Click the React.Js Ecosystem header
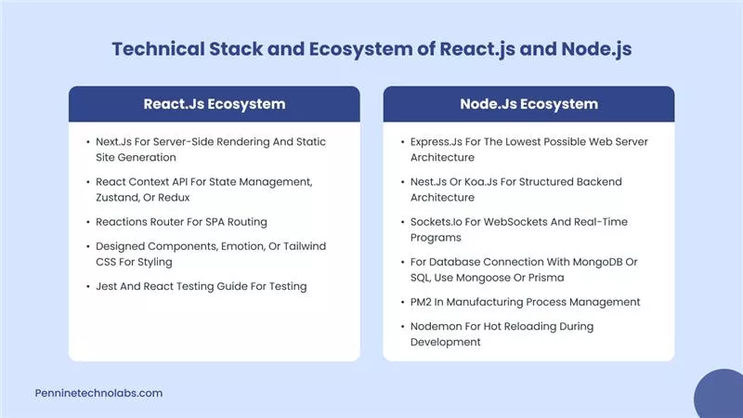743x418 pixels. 214,103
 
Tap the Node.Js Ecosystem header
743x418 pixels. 528,103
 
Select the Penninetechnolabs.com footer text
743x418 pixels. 98,393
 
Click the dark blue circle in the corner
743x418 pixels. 721,396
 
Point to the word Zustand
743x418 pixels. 119,198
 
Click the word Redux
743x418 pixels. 193,198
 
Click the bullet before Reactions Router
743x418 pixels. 85,222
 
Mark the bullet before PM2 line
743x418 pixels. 400,302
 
